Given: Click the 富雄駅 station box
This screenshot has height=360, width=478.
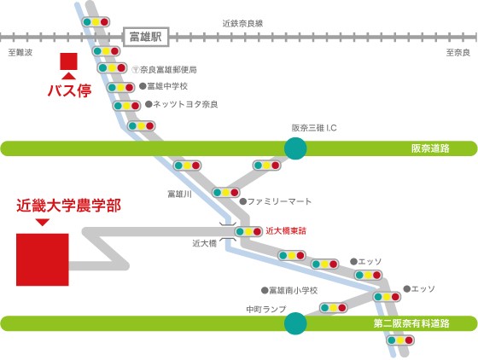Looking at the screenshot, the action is tap(146, 38).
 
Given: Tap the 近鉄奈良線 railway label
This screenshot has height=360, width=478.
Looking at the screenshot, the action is tap(242, 23).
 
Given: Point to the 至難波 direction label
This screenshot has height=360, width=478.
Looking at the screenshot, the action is tap(20, 53).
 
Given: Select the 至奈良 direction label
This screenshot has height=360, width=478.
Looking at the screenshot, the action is tap(458, 53).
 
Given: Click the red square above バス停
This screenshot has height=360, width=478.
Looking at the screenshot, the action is tap(68, 61).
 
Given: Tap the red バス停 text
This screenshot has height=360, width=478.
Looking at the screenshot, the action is tap(69, 90).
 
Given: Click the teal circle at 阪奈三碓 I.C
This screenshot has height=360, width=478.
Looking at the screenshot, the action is tap(295, 148).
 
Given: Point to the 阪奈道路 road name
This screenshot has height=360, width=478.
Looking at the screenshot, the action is tap(430, 148).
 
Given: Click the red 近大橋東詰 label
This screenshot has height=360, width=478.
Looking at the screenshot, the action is tap(286, 231).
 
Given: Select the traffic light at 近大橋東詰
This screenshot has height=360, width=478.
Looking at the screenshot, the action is tap(248, 232).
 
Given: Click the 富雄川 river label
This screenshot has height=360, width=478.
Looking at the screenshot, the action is tap(179, 194).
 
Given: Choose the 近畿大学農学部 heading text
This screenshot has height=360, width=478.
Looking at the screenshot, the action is tap(69, 206).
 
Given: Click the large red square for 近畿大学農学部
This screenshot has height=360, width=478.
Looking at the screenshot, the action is tap(43, 260).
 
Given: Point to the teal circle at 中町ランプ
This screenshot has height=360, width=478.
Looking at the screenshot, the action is tap(295, 323).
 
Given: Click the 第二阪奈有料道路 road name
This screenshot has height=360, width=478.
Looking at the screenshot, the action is tap(411, 323).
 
